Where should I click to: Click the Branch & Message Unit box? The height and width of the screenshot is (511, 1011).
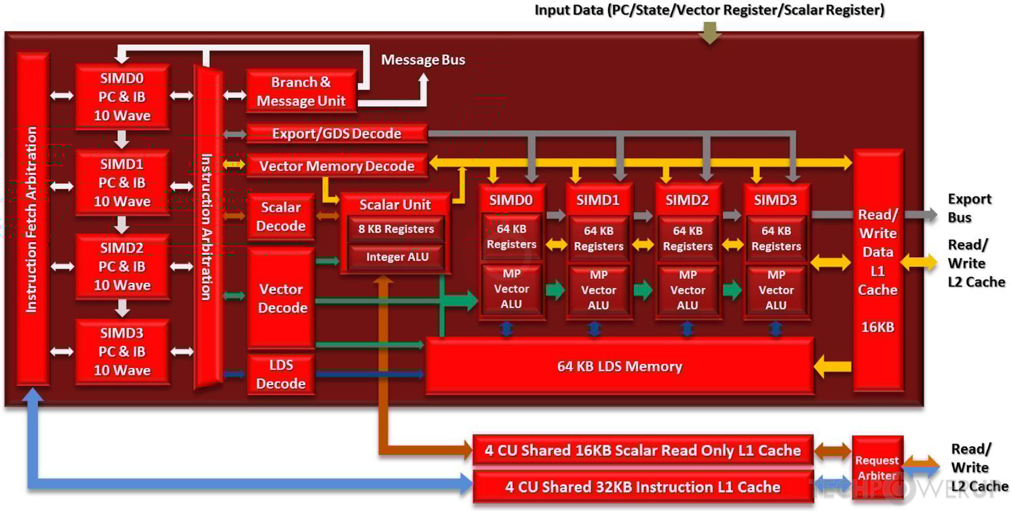point(301,91)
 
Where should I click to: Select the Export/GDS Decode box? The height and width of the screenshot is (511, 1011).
point(336,134)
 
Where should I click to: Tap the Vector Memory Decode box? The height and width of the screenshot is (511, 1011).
point(336,166)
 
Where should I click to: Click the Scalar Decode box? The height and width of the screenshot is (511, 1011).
point(281,217)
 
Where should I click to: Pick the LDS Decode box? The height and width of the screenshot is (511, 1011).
point(281,374)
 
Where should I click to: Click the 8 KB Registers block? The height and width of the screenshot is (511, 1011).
point(396,229)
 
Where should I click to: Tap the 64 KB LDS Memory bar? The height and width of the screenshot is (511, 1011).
point(619,367)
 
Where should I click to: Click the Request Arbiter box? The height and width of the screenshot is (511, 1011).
point(877,467)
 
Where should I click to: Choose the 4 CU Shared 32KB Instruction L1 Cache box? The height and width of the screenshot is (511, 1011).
point(643,487)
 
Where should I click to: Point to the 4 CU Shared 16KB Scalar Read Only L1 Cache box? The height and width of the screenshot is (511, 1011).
point(643,450)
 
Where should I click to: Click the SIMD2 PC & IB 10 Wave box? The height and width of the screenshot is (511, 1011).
point(122,267)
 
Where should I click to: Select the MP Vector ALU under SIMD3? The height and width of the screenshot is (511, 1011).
point(776,290)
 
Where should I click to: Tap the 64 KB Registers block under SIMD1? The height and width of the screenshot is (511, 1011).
point(598,239)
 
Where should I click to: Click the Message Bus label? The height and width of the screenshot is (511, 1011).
point(423,60)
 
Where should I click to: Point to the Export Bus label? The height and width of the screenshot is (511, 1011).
point(969,208)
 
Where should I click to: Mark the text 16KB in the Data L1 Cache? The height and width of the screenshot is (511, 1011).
point(877,327)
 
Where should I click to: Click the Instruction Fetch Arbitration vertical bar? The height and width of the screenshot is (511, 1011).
point(32,219)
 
